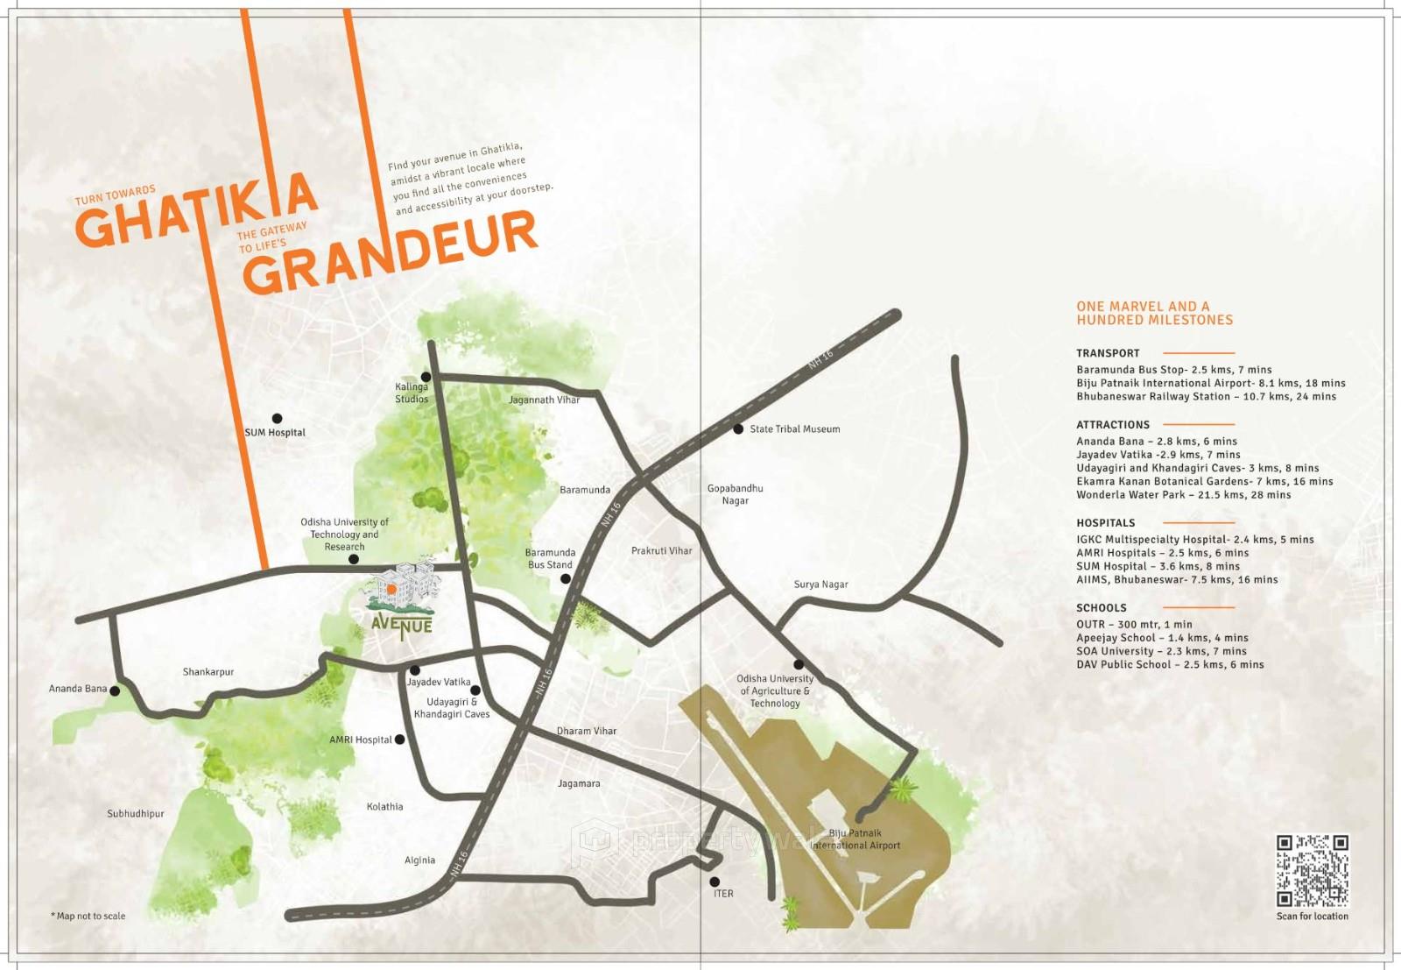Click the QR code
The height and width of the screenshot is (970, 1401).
[x=1312, y=871]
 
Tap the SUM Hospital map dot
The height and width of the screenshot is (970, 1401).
[x=277, y=419]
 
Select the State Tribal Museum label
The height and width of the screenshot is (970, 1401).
[x=794, y=429]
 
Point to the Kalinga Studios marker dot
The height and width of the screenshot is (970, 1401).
[x=426, y=377]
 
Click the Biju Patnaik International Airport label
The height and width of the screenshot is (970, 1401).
[x=855, y=839]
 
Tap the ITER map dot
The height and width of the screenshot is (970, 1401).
[x=715, y=881]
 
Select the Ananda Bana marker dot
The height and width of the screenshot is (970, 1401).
[x=115, y=691]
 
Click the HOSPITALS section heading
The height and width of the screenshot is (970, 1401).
[x=1105, y=523]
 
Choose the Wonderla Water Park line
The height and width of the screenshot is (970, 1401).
[x=1183, y=495]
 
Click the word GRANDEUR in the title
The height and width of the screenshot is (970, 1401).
[x=390, y=253]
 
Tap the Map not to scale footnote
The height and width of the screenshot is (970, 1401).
[x=88, y=917]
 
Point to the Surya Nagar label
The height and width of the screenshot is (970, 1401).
[x=820, y=584]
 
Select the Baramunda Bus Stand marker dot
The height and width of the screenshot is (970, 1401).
[x=566, y=578]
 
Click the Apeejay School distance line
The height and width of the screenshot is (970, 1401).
[x=1162, y=638]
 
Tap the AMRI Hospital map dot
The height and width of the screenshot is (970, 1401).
[x=400, y=740]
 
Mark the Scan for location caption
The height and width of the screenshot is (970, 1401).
[x=1312, y=917]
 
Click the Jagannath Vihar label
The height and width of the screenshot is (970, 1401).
[x=544, y=400]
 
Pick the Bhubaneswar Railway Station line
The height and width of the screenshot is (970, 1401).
[x=1206, y=397]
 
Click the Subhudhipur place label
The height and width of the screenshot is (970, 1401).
[x=136, y=814]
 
